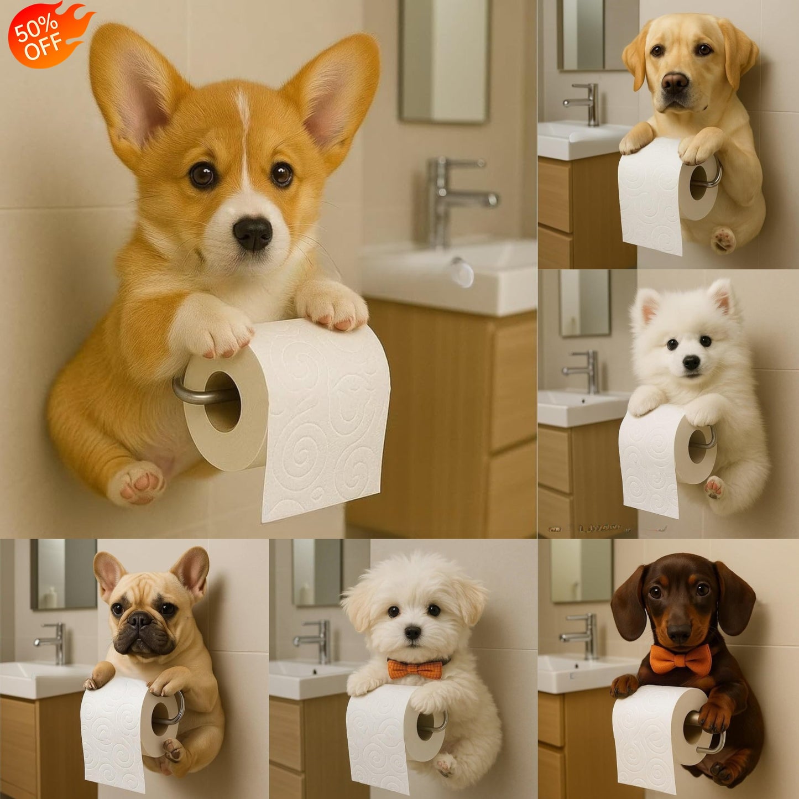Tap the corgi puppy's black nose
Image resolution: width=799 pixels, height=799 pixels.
253,232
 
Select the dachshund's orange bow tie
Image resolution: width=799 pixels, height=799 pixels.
680,660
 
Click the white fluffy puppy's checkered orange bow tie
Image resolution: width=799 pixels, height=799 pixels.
415,669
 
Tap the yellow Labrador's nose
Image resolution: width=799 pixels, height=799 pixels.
675,83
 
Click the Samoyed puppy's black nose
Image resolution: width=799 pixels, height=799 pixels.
691,362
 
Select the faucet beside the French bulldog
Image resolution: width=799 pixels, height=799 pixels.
55,641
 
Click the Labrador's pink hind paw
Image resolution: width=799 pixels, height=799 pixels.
723,240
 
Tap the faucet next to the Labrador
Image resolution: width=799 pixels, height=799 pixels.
586,102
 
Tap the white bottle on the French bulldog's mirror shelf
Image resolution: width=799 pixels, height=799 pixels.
51,597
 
